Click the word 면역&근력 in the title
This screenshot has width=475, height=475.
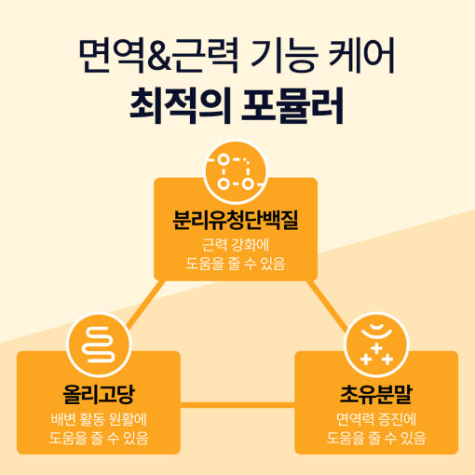pos(158,56)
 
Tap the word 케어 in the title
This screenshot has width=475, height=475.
pos(361,56)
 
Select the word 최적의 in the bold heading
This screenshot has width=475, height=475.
pos(180,105)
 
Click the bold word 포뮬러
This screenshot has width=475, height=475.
pos(292,105)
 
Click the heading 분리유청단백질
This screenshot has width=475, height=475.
pos(236,220)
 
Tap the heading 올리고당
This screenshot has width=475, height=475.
pos(99,394)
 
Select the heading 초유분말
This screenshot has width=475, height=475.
pos(376,394)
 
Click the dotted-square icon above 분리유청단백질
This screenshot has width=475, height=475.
pos(236,171)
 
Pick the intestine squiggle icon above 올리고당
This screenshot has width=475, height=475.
pos(99,345)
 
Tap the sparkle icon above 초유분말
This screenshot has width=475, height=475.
pos(376,345)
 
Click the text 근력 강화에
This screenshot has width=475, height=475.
pos(236,245)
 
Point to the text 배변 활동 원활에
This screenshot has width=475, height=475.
pos(99,419)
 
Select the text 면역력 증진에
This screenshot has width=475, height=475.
pos(376,419)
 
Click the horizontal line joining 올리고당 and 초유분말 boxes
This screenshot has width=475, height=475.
pos(237,405)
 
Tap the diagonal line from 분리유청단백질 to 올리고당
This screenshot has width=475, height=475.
pos(146,305)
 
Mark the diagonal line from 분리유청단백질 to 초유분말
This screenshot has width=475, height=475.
pos(327,305)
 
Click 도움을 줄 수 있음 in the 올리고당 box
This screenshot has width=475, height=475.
pos(99,438)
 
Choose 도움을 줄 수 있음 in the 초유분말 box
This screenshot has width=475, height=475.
pos(376,438)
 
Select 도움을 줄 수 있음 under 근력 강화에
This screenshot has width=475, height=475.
pos(236,264)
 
